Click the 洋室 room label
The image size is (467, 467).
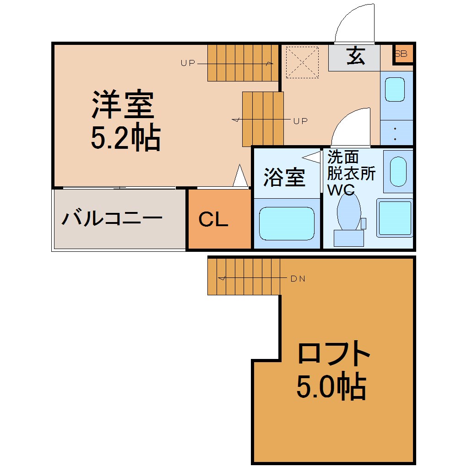[123, 104]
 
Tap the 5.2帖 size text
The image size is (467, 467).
[126, 137]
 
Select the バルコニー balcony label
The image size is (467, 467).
[112, 218]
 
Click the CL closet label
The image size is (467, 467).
[213, 219]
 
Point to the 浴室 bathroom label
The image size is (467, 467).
[285, 178]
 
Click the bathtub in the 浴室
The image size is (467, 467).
[287, 223]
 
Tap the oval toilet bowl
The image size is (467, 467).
[349, 212]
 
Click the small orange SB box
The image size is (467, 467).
[402, 54]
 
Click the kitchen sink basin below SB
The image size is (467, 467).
[395, 89]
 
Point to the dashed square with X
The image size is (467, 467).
[302, 62]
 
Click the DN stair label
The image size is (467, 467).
[298, 279]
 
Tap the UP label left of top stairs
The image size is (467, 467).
[188, 63]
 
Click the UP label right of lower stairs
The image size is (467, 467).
[300, 121]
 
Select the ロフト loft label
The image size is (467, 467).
[334, 353]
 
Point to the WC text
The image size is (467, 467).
[341, 190]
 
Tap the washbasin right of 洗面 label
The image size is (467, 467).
[398, 172]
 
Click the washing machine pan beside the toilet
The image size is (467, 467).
[395, 218]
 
